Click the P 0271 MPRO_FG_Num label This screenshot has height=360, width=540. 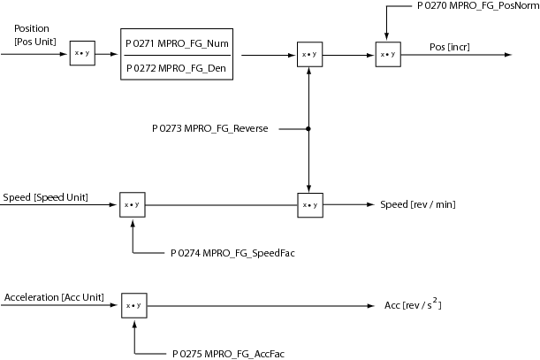click(x=177, y=43)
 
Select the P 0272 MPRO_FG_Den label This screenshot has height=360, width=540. click(x=177, y=66)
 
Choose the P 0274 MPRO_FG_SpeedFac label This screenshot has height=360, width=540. click(x=232, y=253)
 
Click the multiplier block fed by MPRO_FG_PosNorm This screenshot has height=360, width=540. click(x=385, y=54)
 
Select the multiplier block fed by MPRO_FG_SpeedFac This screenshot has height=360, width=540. click(x=131, y=204)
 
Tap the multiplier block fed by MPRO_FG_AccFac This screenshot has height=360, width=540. click(x=132, y=305)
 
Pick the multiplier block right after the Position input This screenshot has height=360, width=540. click(x=81, y=54)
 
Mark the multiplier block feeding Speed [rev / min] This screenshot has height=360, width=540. click(x=308, y=204)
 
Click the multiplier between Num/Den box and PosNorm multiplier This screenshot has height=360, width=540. click(x=308, y=54)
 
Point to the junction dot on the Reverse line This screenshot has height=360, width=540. click(x=308, y=129)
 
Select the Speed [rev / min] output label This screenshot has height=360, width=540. click(x=418, y=205)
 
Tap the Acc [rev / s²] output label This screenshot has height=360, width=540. click(x=413, y=305)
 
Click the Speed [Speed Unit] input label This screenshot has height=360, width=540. click(x=45, y=196)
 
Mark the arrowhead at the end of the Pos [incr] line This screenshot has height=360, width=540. click(x=510, y=54)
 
